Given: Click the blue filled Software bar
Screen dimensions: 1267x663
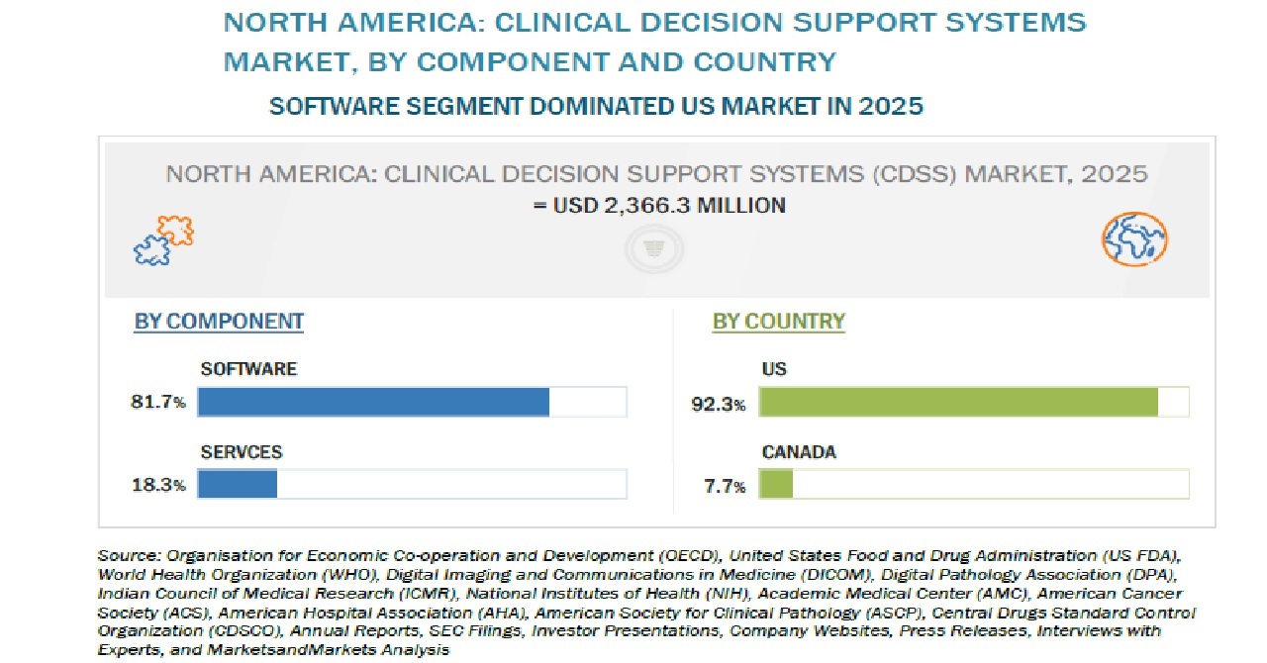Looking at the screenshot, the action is coord(373,402).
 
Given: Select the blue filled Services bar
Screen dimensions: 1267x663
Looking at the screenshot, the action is coord(238,484).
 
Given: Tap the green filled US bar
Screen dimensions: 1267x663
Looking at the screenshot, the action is coord(959,402).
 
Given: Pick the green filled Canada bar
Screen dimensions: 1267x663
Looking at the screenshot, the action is coord(776,484).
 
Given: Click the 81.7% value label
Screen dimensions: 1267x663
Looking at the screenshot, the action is coord(157,402).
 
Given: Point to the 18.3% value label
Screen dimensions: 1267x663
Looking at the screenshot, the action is coord(158,485).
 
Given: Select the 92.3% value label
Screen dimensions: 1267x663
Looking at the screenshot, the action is coord(719,404).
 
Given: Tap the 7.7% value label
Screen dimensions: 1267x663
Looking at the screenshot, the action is coord(725,486).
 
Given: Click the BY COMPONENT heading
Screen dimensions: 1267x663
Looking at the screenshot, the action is coord(219,322).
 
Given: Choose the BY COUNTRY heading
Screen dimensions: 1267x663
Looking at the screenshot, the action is coord(779,322).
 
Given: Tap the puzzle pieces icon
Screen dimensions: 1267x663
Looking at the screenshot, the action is coord(164,239).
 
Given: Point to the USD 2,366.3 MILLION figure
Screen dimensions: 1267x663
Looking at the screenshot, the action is coord(669,206).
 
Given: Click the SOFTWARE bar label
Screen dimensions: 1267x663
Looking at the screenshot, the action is coord(248,369).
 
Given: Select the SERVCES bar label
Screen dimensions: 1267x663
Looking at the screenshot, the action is coord(242,452).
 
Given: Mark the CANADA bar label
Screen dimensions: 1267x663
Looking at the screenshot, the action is coord(799,452).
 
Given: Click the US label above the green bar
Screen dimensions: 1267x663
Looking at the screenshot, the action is coord(774,369).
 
